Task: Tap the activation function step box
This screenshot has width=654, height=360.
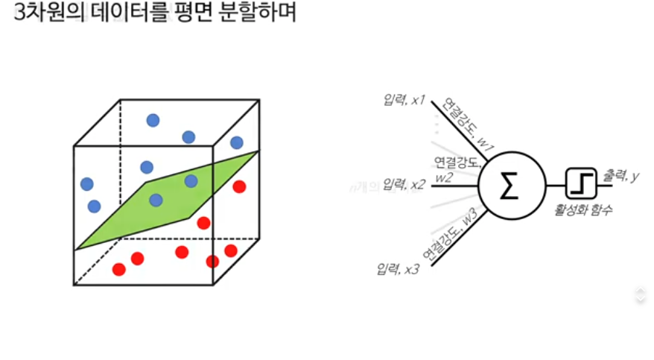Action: click(580, 183)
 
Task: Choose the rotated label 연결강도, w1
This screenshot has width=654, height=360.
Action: click(461, 124)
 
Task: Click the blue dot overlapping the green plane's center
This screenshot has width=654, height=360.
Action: click(156, 200)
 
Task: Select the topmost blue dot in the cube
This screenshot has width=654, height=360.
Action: click(153, 120)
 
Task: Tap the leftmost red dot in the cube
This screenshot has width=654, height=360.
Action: click(118, 269)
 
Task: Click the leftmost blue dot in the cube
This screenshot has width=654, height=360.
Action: click(86, 183)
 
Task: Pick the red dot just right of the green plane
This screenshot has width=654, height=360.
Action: click(203, 222)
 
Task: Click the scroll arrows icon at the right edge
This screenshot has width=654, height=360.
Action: click(640, 294)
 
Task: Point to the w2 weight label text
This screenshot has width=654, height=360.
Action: click(445, 177)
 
